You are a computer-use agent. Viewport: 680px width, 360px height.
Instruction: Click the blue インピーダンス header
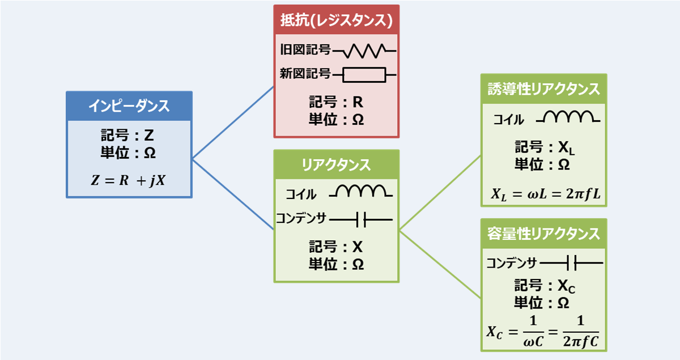click(129, 106)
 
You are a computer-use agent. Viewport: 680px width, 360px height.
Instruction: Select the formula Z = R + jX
click(129, 181)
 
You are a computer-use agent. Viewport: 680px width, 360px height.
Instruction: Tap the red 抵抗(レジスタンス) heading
click(337, 20)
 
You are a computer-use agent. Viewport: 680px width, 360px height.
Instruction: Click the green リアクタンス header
click(337, 164)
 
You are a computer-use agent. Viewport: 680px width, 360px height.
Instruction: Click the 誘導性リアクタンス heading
click(543, 89)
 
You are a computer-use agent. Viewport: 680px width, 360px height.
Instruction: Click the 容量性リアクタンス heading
click(543, 234)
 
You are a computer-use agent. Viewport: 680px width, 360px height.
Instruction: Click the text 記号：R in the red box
click(336, 103)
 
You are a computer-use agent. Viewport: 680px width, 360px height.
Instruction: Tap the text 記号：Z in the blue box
click(129, 138)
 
